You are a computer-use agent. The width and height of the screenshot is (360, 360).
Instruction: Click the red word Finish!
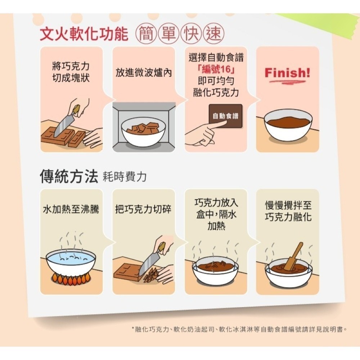click(287, 73)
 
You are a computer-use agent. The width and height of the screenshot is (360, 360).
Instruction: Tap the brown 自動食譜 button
click(225, 116)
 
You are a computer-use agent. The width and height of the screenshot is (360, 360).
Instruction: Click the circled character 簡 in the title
click(147, 33)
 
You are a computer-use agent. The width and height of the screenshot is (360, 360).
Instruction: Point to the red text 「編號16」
click(216, 69)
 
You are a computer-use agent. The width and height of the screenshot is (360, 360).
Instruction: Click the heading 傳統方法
click(69, 176)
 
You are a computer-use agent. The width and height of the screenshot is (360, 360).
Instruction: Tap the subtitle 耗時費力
click(125, 177)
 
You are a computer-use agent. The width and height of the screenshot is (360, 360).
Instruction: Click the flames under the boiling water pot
click(71, 278)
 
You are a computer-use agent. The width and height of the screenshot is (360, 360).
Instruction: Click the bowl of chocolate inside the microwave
click(143, 132)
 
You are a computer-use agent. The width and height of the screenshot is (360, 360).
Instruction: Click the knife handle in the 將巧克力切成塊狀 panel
click(76, 110)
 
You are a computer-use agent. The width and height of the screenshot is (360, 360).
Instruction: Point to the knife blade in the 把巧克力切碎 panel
click(149, 263)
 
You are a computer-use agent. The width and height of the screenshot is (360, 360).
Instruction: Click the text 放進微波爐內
click(144, 72)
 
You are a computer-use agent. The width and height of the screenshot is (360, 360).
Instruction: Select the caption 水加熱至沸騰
click(71, 209)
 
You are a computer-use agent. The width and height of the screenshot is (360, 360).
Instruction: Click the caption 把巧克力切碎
click(143, 209)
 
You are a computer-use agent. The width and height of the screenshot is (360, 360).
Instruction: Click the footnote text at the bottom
click(239, 329)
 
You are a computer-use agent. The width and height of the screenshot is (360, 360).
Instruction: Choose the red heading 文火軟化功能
click(84, 34)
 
